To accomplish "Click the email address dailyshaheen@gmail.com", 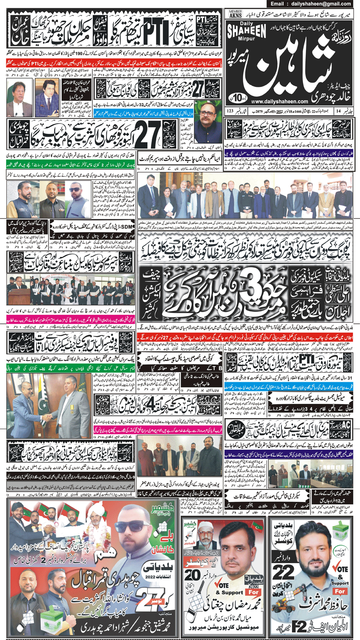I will pos(316,4).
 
